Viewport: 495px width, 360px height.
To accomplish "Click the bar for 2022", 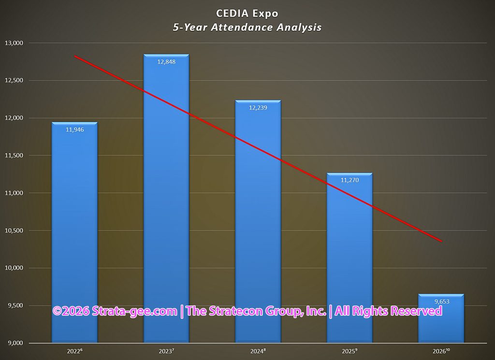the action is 74,232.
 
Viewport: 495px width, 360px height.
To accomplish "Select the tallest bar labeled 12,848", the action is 166,199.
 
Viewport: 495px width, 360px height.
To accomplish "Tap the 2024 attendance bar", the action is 258,221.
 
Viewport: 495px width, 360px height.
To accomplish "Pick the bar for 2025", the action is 349,258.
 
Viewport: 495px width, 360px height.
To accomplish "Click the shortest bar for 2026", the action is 441,318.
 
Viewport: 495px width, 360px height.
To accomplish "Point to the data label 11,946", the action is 75,130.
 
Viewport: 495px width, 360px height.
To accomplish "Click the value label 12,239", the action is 258,108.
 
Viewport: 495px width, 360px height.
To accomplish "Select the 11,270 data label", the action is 350,180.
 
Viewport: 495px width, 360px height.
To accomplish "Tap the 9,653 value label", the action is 442,302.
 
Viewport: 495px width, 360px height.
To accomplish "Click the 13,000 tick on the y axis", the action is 14,43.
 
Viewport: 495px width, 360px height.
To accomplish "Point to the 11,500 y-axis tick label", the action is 14,156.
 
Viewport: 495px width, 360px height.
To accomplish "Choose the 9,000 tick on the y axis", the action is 15,343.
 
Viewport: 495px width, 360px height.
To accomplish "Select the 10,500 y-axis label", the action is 14,230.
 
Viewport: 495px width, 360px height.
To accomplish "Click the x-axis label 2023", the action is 166,351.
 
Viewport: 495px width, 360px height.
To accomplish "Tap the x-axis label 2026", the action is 441,351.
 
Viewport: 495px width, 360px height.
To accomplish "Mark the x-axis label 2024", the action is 258,351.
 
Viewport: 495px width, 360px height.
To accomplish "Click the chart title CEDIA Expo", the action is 247,14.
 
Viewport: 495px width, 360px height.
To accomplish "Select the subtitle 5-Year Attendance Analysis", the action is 247,28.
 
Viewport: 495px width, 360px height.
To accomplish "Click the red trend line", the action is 258,149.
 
